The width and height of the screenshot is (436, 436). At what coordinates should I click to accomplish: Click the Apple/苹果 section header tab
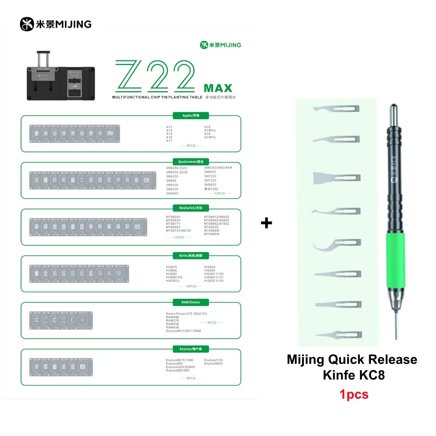pos(191,116)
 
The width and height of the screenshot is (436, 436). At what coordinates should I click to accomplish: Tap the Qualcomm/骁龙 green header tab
pos(191,162)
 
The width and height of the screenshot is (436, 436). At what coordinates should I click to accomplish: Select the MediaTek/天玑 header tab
pos(191,208)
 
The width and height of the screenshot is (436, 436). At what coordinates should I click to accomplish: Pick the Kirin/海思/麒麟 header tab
pos(191,256)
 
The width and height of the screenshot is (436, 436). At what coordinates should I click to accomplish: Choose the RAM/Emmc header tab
pos(191,302)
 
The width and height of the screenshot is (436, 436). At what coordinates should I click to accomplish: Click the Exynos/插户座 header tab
pos(191,349)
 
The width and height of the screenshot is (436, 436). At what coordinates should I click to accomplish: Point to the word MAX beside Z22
pos(218,88)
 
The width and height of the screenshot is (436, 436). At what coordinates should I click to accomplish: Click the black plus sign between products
pos(266,223)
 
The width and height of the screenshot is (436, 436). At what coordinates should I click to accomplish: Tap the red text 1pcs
pos(354,394)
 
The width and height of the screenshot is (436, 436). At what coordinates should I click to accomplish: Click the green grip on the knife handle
pos(395,260)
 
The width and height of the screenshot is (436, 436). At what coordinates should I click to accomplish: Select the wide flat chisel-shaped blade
pos(336,178)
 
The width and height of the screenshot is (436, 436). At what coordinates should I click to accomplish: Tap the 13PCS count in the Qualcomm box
pos(219,194)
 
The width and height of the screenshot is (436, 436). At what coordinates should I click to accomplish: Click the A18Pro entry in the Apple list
pos(210,130)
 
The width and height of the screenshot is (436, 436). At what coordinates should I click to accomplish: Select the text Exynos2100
pos(213,360)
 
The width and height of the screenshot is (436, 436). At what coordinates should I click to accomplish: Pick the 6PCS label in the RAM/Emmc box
pos(212,323)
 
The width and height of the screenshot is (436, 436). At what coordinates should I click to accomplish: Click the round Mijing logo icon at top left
pos(27,24)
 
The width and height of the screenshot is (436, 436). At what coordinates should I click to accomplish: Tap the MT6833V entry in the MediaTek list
pos(173,217)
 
